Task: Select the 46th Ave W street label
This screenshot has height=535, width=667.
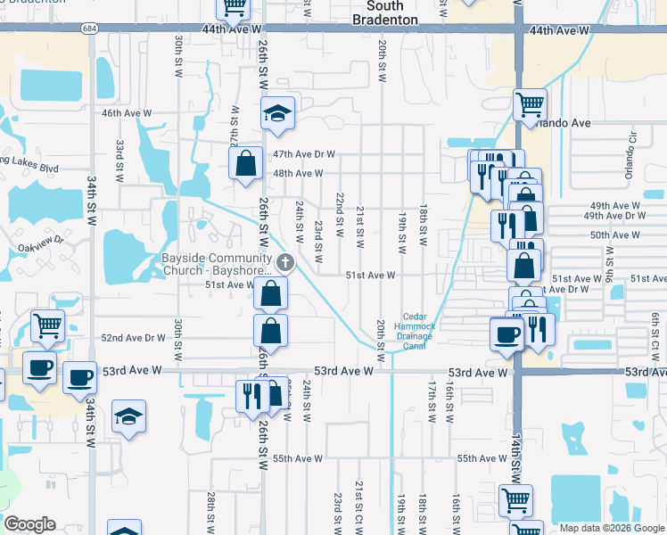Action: [x=127, y=113]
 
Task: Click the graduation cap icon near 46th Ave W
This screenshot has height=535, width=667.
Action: [x=278, y=113]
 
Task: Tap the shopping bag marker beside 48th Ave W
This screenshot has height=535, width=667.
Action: [x=245, y=164]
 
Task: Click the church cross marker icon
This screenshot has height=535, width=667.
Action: [x=285, y=261]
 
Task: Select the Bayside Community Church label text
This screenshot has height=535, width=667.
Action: [x=217, y=266]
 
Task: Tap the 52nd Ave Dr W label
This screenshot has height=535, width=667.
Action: [x=134, y=338]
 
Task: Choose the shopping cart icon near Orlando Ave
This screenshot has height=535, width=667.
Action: [x=530, y=103]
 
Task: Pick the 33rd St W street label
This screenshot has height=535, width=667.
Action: [x=119, y=160]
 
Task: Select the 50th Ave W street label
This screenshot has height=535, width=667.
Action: [x=614, y=235]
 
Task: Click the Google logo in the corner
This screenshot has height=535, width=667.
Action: [x=29, y=524]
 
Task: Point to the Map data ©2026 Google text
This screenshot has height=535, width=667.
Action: [x=611, y=528]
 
